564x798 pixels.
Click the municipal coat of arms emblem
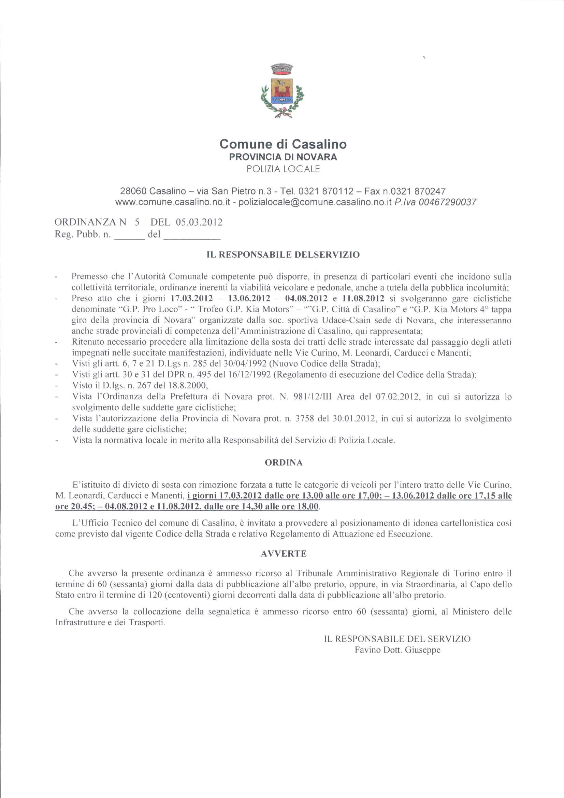[x=282, y=91]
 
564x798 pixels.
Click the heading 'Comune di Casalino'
[x=283, y=144]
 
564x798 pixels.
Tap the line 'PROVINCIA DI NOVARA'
[x=283, y=157]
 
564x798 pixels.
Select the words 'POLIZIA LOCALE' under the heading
[x=283, y=169]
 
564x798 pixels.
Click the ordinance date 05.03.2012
[x=199, y=223]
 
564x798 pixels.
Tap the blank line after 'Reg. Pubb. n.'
[x=129, y=235]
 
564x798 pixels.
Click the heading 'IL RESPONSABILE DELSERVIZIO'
[x=283, y=255]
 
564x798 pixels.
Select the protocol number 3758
[x=304, y=418]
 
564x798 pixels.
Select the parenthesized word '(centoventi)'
[x=183, y=595]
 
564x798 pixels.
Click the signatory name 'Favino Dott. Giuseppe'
[x=397, y=650]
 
